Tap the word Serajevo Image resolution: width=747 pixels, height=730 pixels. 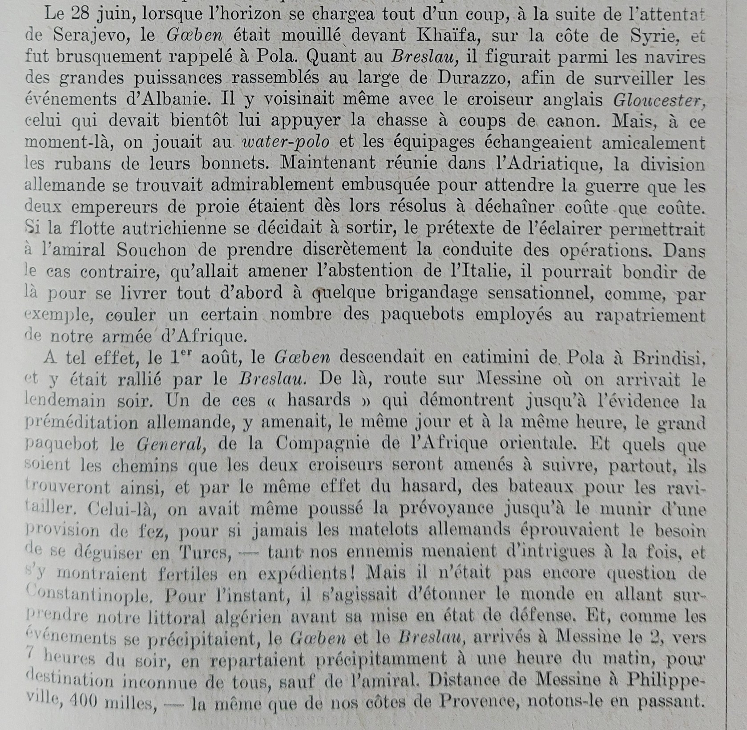(x=91, y=36)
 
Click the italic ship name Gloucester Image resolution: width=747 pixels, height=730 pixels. (x=659, y=100)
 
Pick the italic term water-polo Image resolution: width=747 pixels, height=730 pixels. (x=286, y=142)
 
